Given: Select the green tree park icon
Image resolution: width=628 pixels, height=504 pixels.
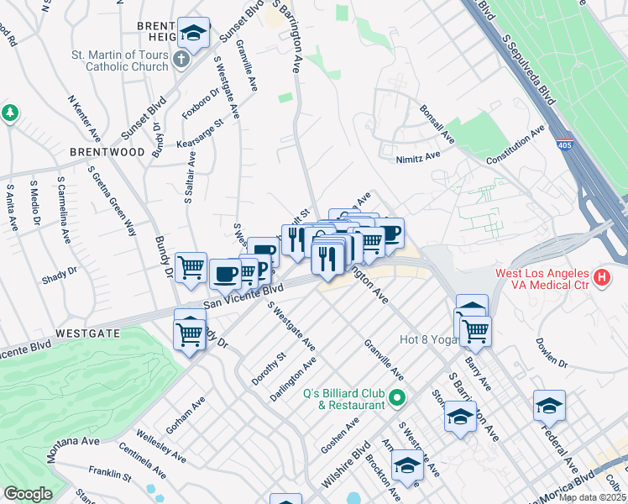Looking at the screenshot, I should pyautogui.click(x=10, y=113).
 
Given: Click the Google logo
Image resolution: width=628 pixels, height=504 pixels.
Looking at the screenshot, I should pyautogui.click(x=28, y=494).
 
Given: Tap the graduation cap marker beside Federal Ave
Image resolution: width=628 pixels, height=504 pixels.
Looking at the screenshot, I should pyautogui.click(x=549, y=406).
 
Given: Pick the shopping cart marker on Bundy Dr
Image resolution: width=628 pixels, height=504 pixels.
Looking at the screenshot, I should pyautogui.click(x=192, y=267).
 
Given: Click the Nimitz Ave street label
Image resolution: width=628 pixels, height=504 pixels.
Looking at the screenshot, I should pyautogui.click(x=418, y=156).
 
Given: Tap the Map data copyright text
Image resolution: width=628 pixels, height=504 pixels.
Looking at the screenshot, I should pyautogui.click(x=591, y=497).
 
